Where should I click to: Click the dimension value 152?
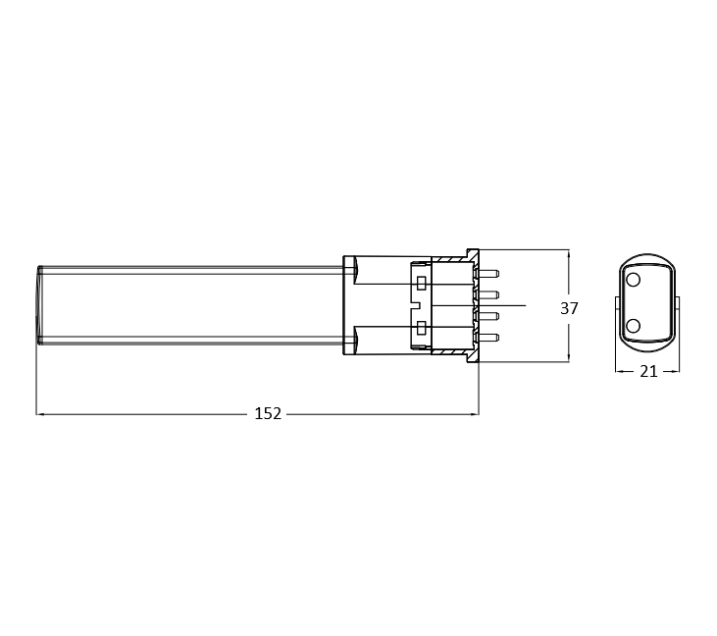268,413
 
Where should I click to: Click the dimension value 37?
569,308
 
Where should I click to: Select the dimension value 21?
648,372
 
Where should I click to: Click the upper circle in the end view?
634,280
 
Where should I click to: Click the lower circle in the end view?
634,326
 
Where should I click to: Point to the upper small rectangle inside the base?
422,284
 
